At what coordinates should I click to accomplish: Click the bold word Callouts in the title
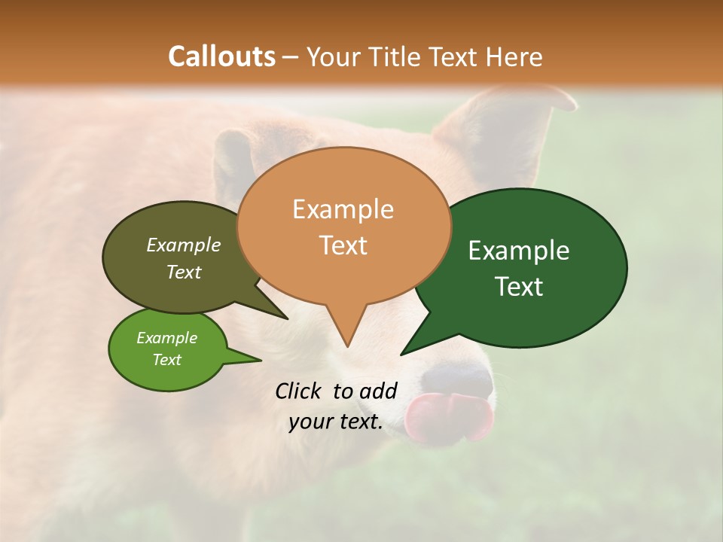click(221, 56)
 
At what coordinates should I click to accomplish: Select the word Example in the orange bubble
click(343, 209)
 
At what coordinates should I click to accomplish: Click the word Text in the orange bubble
click(343, 245)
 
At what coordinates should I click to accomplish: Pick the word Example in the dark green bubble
click(519, 251)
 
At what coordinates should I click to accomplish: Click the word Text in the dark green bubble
click(519, 287)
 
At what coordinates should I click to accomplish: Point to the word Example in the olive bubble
click(183, 245)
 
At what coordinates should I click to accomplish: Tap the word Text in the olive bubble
click(183, 272)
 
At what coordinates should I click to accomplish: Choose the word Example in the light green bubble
click(166, 338)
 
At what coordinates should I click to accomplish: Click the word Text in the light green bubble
click(166, 360)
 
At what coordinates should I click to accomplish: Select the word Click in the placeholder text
click(299, 391)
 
